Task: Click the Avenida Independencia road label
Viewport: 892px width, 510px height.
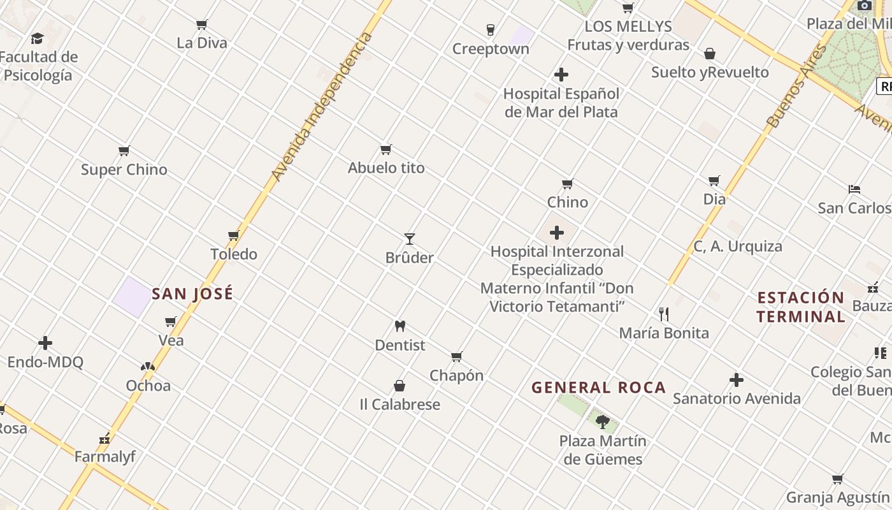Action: pyautogui.click(x=321, y=106)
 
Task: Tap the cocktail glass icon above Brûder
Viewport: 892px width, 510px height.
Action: pyautogui.click(x=410, y=239)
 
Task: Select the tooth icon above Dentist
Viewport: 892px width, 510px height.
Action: pyautogui.click(x=400, y=326)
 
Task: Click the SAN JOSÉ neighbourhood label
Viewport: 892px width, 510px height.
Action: pyautogui.click(x=192, y=294)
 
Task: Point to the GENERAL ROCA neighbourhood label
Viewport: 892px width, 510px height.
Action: pyautogui.click(x=598, y=388)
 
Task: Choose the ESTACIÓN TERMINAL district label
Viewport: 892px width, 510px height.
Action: pyautogui.click(x=800, y=307)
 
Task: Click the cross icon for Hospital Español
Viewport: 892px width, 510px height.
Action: pyautogui.click(x=561, y=75)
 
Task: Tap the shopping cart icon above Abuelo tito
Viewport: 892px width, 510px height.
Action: pyautogui.click(x=385, y=150)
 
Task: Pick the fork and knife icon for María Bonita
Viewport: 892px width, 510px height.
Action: pyautogui.click(x=664, y=314)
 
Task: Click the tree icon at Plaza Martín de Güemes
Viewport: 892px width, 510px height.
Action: pyautogui.click(x=602, y=422)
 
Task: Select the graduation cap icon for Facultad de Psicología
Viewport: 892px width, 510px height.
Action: pyautogui.click(x=38, y=39)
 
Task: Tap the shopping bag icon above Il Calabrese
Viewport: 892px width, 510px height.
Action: pyautogui.click(x=399, y=386)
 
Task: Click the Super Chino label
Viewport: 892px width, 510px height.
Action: pyautogui.click(x=124, y=170)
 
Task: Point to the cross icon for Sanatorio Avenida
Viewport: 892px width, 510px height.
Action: pyautogui.click(x=737, y=381)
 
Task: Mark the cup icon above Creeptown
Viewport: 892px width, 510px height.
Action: pyautogui.click(x=490, y=30)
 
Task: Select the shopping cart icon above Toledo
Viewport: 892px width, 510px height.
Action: pyautogui.click(x=234, y=236)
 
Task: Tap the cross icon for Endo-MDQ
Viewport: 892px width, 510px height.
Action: pyautogui.click(x=45, y=344)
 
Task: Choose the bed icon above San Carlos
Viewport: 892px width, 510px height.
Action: pyautogui.click(x=854, y=189)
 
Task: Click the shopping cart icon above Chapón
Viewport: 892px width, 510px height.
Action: pyautogui.click(x=456, y=357)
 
